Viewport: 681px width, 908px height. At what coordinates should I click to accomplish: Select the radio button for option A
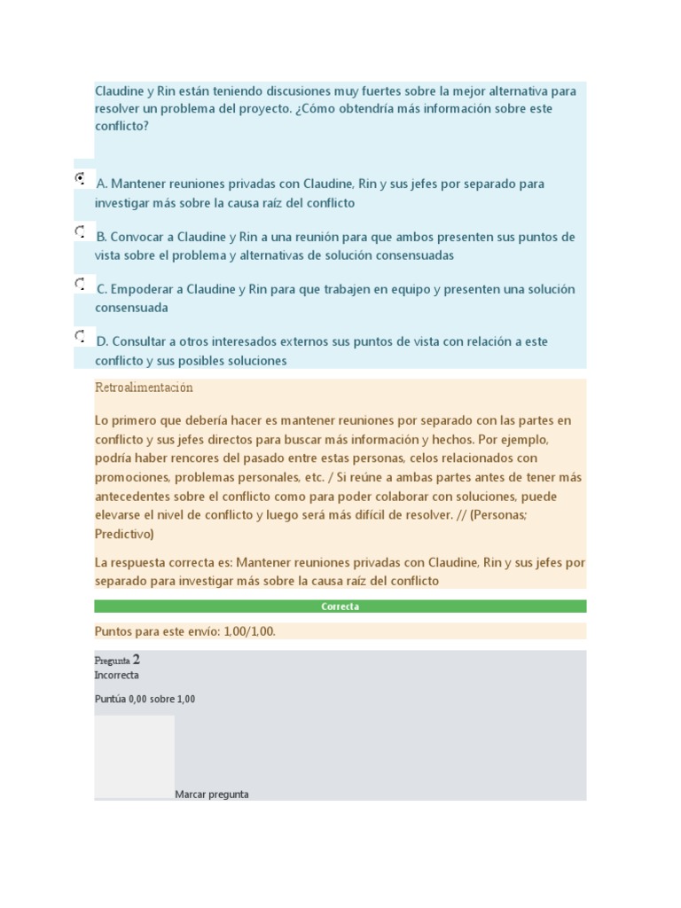tap(81, 178)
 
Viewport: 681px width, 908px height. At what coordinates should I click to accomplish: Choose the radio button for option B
tap(81, 232)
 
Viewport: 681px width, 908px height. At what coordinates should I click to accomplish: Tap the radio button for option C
tap(81, 285)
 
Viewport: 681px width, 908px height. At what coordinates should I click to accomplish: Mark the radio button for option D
tap(81, 337)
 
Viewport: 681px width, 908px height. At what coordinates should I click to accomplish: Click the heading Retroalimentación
tap(144, 387)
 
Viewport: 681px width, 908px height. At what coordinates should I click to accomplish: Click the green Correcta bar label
tap(340, 607)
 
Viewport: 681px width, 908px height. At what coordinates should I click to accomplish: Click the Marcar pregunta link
tap(212, 794)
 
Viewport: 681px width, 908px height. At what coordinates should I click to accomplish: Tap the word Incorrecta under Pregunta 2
tap(116, 675)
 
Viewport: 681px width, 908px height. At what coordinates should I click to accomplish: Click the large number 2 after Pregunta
tap(136, 660)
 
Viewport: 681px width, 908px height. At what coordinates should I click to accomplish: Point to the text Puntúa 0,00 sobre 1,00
tap(145, 699)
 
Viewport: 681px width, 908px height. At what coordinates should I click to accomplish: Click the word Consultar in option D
tap(140, 341)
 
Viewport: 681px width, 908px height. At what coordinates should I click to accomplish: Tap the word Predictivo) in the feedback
tap(124, 534)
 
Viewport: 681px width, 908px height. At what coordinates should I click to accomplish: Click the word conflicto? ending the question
tap(122, 126)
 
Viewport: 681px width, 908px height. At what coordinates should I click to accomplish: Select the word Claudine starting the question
tap(121, 90)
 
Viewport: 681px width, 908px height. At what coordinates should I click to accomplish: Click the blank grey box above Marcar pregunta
tap(135, 755)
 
